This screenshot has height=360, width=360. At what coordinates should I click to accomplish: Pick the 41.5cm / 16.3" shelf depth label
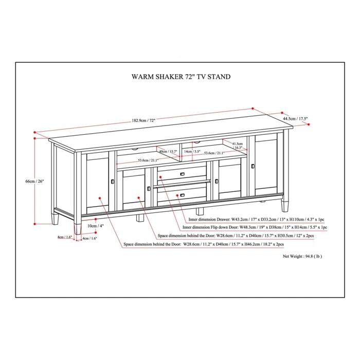tap(238, 146)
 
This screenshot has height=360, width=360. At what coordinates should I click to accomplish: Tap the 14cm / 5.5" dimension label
tap(193, 152)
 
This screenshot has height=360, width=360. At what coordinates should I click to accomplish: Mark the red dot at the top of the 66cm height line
tap(34, 133)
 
